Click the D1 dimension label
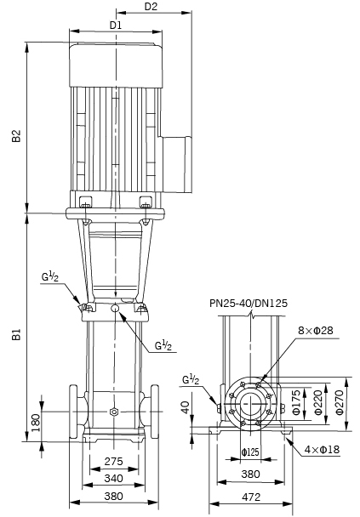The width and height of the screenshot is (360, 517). tap(116, 25)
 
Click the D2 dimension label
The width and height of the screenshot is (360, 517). tap(151, 6)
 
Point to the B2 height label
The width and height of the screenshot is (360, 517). tap(16, 136)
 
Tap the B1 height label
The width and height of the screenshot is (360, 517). tap(16, 334)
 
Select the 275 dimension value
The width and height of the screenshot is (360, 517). tap(113, 461)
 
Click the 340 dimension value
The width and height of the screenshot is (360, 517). tap(113, 478)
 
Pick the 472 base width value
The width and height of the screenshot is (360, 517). tap(251, 497)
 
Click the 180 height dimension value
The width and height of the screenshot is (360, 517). tap(36, 423)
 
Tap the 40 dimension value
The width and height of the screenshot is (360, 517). tap(186, 407)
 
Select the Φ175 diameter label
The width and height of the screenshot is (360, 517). tap(297, 402)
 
